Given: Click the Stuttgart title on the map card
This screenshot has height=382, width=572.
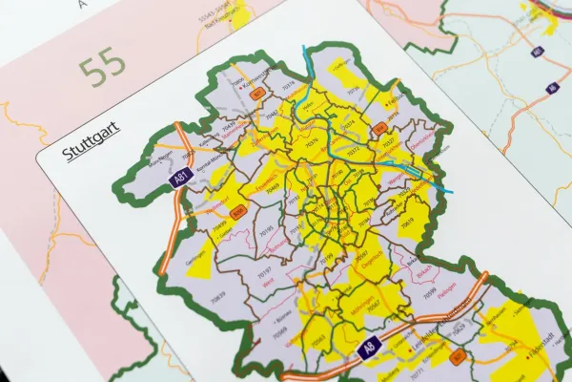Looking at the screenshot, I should point(85,151).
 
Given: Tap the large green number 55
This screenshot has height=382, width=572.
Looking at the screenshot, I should point(102,70).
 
